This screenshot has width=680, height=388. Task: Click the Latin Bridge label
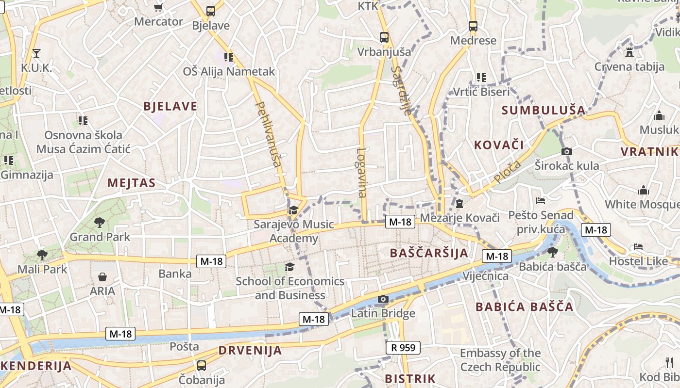click(383, 313)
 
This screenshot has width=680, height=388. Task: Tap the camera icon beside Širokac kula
click(566, 152)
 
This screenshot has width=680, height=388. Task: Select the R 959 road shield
click(403, 347)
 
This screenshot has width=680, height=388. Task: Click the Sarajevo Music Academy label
click(294, 231)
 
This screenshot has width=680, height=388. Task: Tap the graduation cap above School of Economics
click(289, 267)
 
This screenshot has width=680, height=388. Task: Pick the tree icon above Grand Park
click(100, 223)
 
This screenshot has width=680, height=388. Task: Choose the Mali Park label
click(42, 269)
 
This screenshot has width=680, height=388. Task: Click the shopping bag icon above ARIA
click(102, 277)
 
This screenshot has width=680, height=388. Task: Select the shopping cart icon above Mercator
click(158, 7)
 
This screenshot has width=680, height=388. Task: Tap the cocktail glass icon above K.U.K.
click(36, 53)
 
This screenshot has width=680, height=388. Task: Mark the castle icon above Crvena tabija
click(629, 52)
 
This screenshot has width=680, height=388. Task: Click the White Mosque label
click(641, 204)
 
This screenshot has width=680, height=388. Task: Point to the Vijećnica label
click(486, 276)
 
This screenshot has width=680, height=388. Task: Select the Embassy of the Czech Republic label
click(500, 360)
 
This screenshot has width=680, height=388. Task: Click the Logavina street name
click(361, 173)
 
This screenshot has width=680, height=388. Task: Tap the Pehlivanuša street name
click(269, 134)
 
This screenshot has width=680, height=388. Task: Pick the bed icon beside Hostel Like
click(638, 247)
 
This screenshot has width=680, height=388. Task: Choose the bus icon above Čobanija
click(202, 365)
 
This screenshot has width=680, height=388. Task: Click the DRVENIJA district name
click(250, 350)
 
